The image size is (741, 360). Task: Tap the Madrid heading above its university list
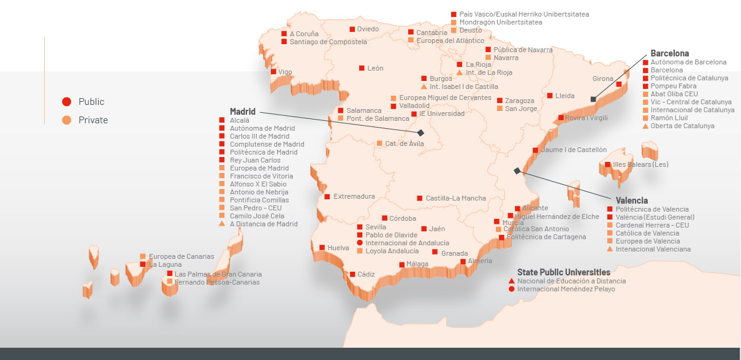click(243, 112)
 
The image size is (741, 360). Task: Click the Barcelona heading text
click(670, 53)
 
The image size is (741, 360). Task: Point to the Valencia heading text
click(632, 200)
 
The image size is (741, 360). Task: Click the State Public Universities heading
click(563, 272)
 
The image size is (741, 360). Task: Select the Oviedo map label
click(368, 29)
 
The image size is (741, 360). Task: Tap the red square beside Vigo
click(273, 72)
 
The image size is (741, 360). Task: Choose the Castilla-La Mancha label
click(455, 198)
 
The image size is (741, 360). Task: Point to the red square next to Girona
click(619, 85)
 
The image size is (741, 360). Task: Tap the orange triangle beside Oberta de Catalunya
click(645, 126)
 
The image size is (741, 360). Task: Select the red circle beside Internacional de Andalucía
click(360, 243)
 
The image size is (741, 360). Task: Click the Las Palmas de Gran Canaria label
click(218, 274)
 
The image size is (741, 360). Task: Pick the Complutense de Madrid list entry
click(267, 144)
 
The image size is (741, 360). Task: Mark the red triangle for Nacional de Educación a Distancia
click(511, 281)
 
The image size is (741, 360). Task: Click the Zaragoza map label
click(519, 101)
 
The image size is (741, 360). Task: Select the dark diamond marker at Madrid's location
click(420, 132)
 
